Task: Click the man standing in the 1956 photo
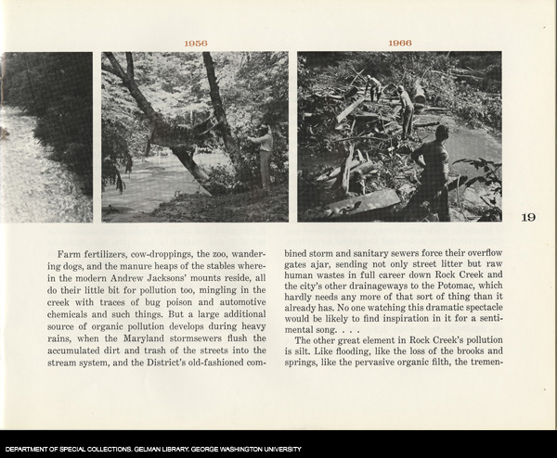tap(265, 153)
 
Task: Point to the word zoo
tap(208, 252)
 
